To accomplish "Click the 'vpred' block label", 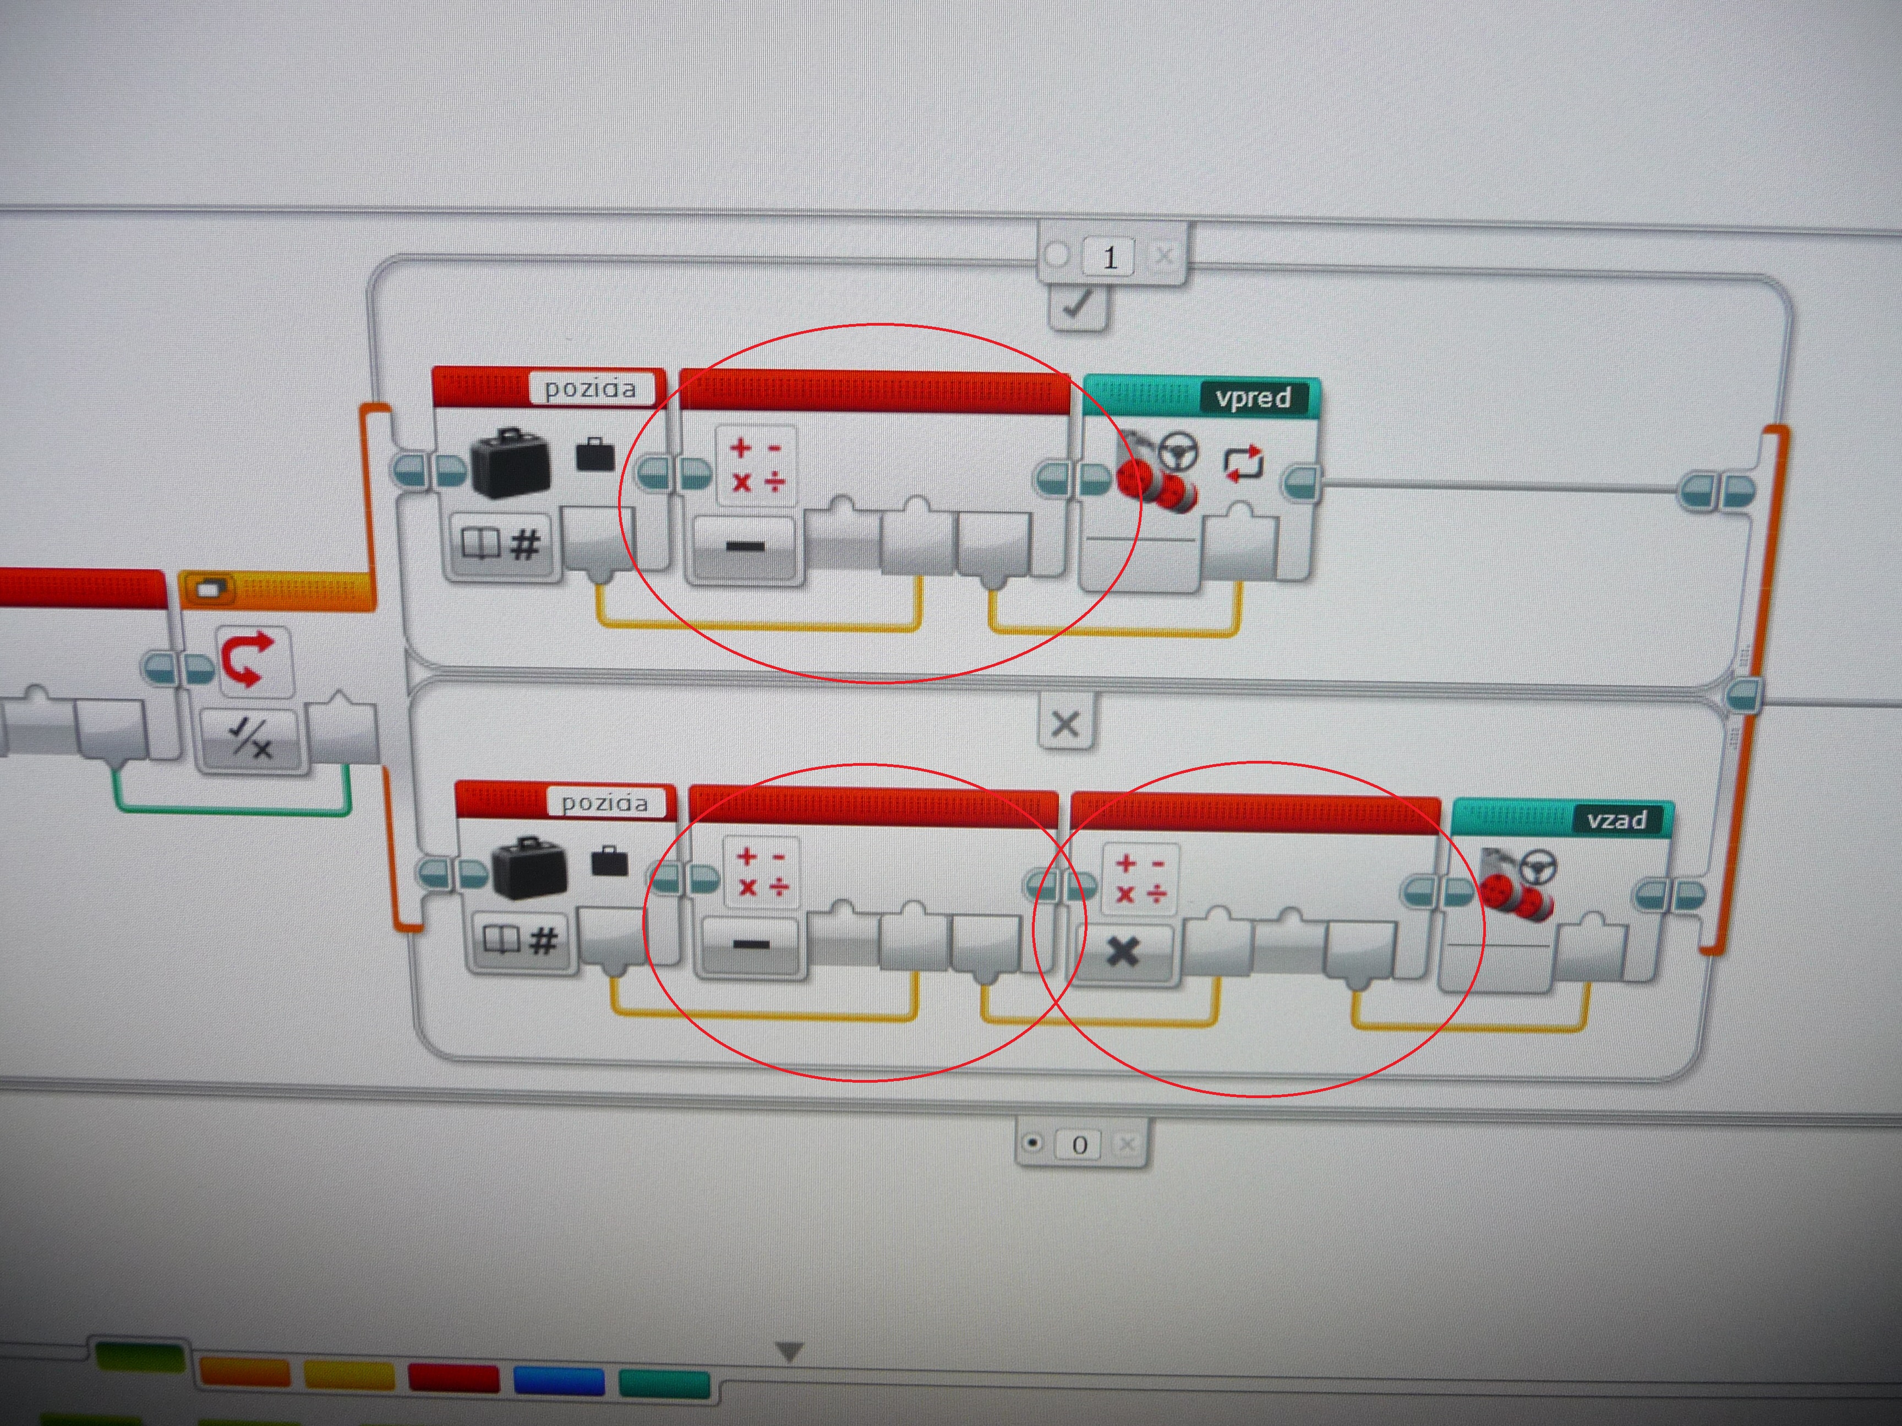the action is pyautogui.click(x=1253, y=397).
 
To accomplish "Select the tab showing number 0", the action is pyautogui.click(x=1080, y=1144).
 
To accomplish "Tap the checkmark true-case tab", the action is pyautogui.click(x=1078, y=306).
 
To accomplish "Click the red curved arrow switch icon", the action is pyautogui.click(x=249, y=659).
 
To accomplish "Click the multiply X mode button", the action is pyautogui.click(x=1122, y=952).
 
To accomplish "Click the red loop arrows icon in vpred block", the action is pyautogui.click(x=1243, y=463).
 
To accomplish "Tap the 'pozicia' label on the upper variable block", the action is pyautogui.click(x=591, y=388).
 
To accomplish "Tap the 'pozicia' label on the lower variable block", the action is pyautogui.click(x=604, y=802).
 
